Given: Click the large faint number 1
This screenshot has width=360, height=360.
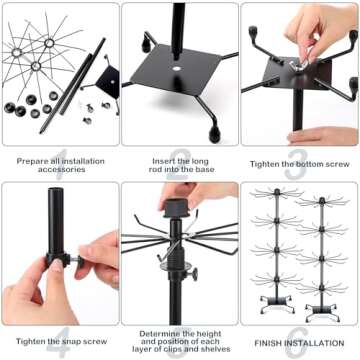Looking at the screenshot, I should [x=59, y=159].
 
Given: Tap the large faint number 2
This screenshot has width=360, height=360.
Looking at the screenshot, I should [x=180, y=159].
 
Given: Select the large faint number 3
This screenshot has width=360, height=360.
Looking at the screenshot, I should [x=300, y=159].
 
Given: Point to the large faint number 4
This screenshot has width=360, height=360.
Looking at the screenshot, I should [x=59, y=338].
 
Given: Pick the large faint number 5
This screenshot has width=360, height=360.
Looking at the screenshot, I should [x=180, y=338].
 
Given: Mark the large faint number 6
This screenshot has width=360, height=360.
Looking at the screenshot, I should [x=300, y=338].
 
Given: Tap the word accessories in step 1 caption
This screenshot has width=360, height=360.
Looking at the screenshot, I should [x=59, y=167].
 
